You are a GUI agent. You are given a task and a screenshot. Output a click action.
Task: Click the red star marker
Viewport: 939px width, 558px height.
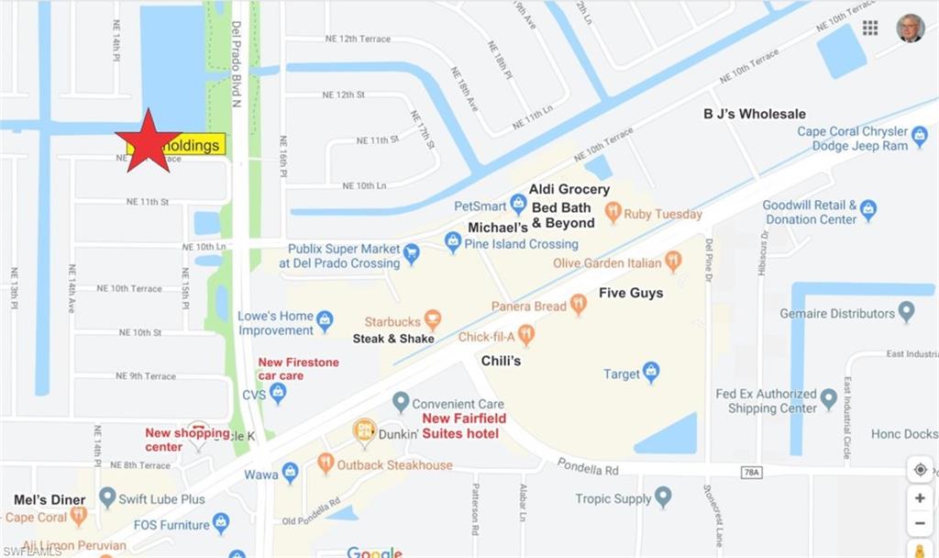pos(148,141)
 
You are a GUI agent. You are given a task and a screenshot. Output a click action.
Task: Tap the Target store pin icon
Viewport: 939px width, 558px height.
pos(650,372)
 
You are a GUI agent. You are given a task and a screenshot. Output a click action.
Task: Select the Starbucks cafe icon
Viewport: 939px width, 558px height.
pos(433,320)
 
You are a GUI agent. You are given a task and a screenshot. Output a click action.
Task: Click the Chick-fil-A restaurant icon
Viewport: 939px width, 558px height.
pos(525,335)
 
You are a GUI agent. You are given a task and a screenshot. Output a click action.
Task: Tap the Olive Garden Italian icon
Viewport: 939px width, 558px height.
pos(673,262)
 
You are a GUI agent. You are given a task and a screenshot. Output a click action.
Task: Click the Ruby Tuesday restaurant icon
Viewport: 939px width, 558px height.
pos(613,213)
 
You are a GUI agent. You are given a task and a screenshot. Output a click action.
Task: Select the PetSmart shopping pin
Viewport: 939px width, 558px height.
pos(518,205)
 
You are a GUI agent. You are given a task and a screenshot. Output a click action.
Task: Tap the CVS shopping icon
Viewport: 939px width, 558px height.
pos(278,393)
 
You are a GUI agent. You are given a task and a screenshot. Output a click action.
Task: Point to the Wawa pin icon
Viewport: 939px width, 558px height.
pos(290,473)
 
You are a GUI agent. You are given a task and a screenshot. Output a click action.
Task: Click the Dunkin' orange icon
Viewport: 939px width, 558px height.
pos(365,430)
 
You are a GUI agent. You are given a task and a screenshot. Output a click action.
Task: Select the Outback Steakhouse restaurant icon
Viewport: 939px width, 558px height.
pos(326,463)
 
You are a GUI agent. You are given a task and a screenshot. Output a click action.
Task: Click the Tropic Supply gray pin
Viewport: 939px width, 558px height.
pos(663,497)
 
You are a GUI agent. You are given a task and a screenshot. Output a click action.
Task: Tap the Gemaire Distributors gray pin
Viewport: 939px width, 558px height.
pos(906,312)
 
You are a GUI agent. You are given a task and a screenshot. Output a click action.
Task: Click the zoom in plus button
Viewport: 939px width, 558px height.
pos(920,498)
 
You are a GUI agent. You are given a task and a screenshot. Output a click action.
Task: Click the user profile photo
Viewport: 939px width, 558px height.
pos(910,28)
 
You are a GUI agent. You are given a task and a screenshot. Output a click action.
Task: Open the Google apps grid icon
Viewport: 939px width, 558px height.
pos(870,28)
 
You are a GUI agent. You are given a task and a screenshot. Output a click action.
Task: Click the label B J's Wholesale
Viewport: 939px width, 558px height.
pos(755,114)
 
